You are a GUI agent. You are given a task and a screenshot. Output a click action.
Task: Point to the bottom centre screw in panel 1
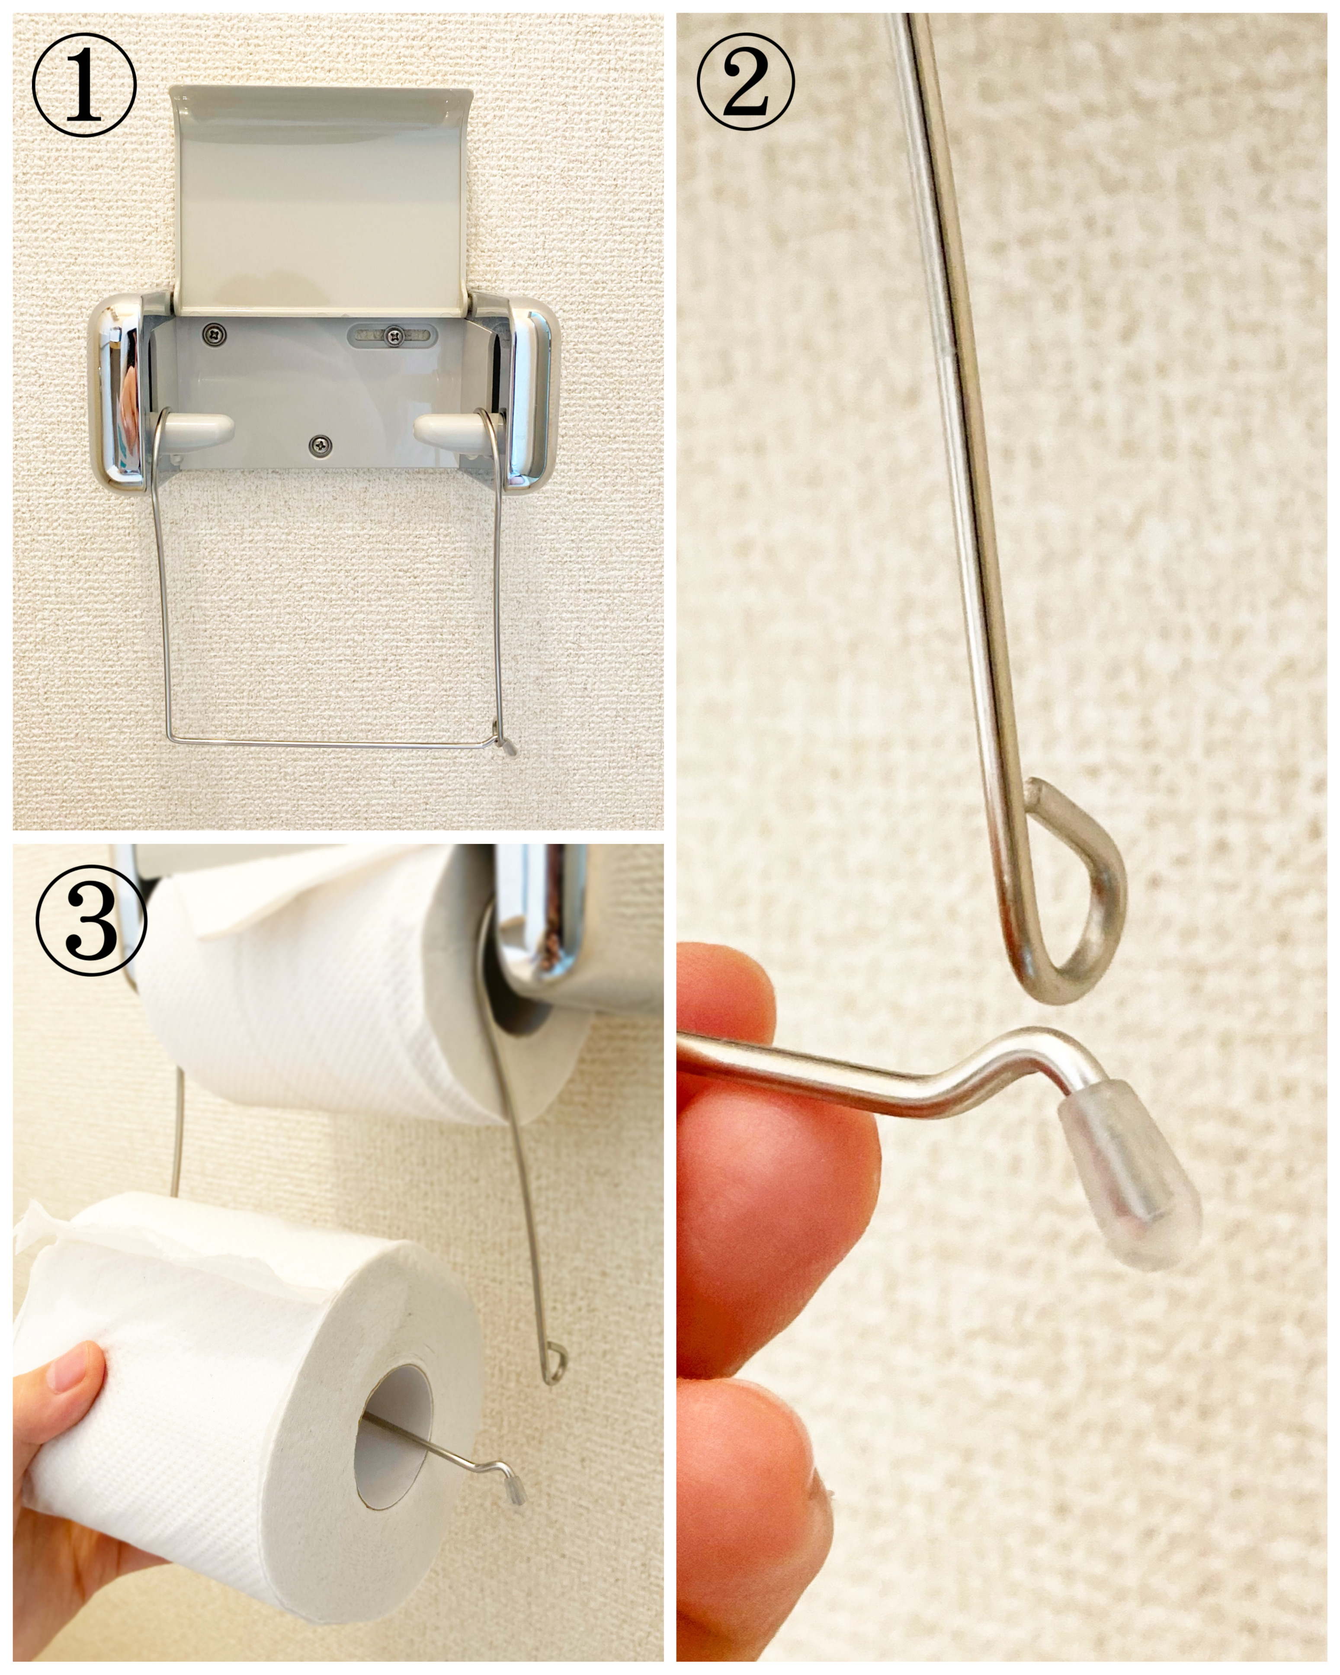click(x=319, y=445)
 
